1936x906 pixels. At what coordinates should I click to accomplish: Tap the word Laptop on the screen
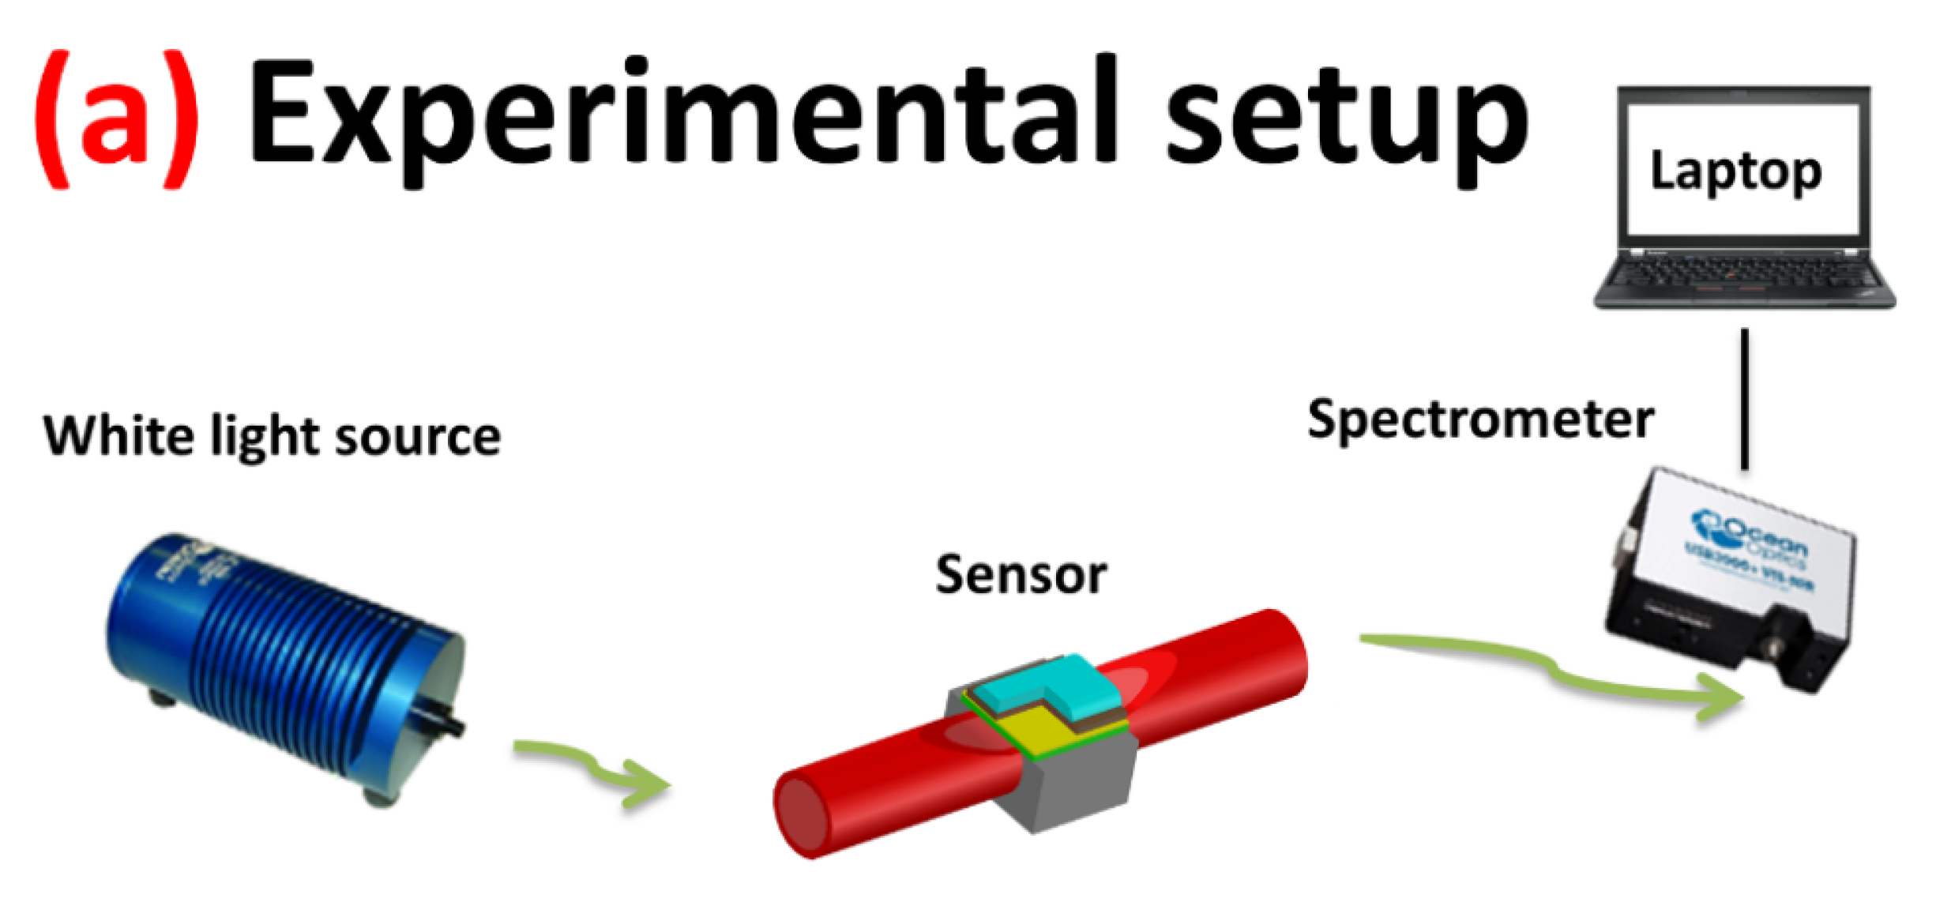point(1736,171)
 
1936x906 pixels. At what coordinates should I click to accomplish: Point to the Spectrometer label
point(1480,420)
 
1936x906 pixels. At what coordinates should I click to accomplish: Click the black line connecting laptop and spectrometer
point(1745,399)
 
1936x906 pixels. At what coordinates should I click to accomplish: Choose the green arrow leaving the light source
point(592,770)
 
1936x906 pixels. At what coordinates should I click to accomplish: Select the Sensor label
point(1021,575)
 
